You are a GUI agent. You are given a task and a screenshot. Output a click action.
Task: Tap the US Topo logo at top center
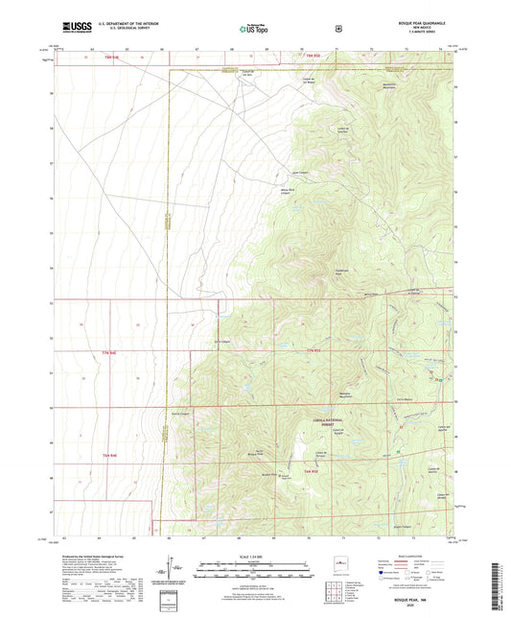(x=254, y=30)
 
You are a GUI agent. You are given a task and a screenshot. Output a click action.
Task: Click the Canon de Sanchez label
(x=369, y=131)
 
